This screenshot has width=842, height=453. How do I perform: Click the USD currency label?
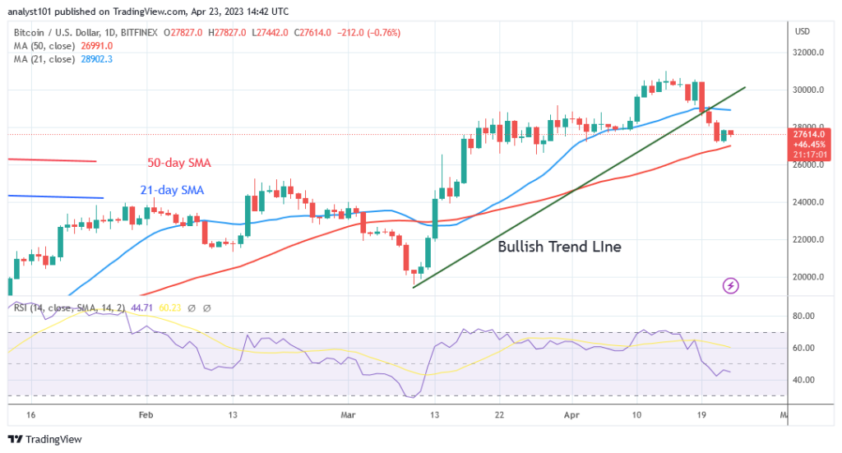pos(802,31)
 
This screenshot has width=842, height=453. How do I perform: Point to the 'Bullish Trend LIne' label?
pos(559,246)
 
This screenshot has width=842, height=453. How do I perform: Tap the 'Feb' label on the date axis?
pos(146,416)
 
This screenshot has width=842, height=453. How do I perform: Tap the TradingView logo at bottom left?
pos(46,439)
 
